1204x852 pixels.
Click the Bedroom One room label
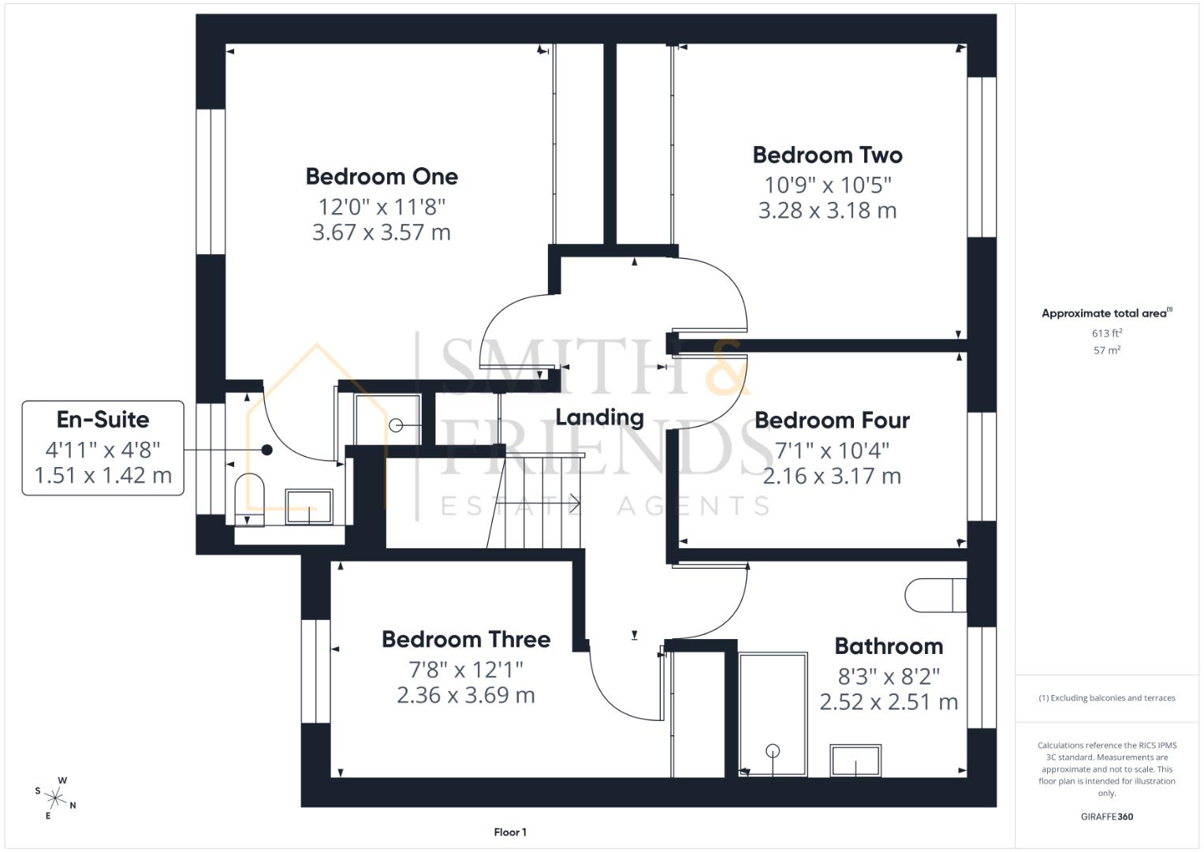(382, 176)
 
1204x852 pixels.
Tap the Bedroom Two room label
(827, 155)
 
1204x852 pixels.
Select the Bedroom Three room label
(466, 639)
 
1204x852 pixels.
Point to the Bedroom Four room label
(832, 420)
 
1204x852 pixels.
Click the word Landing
(599, 417)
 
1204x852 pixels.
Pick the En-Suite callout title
(103, 419)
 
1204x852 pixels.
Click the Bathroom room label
(889, 646)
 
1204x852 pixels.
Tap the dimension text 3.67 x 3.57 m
(382, 233)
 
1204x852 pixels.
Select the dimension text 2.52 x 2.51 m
(889, 702)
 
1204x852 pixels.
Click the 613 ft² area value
(1106, 334)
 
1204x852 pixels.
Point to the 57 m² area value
(1106, 350)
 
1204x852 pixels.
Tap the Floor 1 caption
(510, 832)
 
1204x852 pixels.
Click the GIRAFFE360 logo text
(1106, 816)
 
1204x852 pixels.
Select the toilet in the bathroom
(935, 596)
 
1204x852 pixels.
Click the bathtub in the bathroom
(773, 714)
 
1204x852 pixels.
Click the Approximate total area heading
(1106, 313)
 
